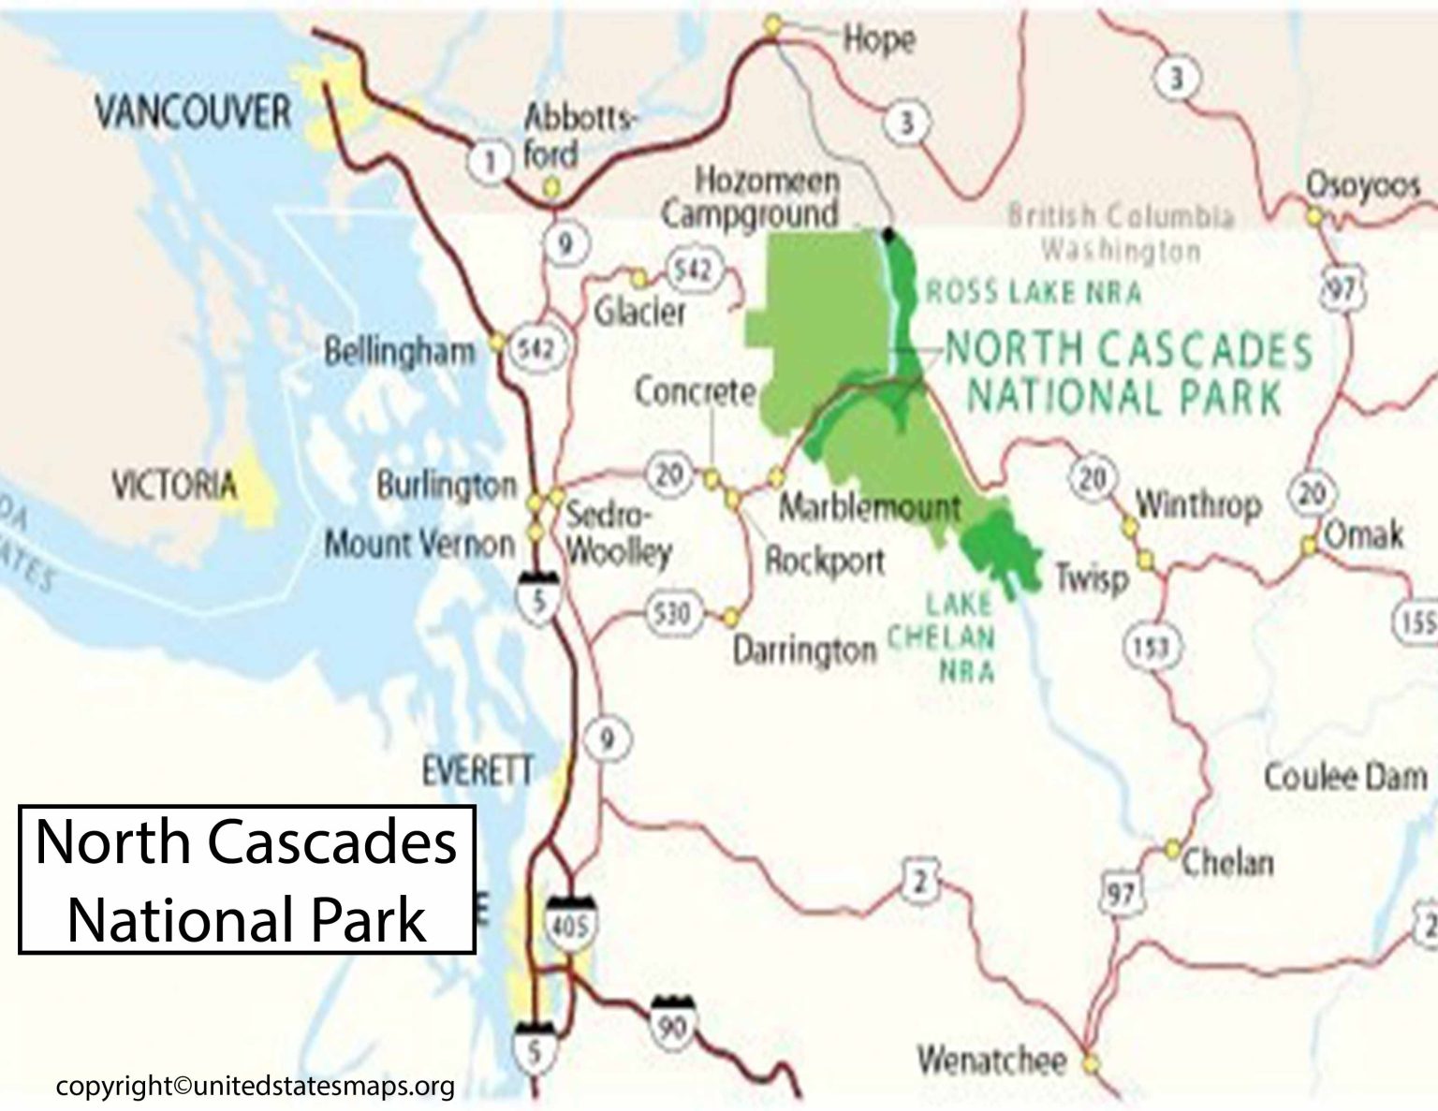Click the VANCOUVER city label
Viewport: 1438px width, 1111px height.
tap(193, 112)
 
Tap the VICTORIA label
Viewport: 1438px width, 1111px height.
tap(174, 486)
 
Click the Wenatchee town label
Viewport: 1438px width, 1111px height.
tap(991, 1060)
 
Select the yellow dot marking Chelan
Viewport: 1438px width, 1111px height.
tap(1172, 849)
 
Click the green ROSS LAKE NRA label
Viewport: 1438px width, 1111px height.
tap(1034, 293)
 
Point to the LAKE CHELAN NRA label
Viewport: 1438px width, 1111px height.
tap(942, 636)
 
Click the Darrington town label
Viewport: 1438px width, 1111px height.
tap(803, 650)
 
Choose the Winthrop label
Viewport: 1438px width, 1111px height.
tap(1198, 505)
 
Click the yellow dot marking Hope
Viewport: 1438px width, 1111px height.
tap(771, 26)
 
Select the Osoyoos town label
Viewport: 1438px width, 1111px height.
tap(1363, 185)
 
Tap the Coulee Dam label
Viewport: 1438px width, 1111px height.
tap(1345, 776)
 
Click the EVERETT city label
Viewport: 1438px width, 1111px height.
tap(477, 771)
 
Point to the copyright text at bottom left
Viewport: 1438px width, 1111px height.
tap(256, 1086)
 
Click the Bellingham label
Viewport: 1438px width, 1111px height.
tap(400, 352)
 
